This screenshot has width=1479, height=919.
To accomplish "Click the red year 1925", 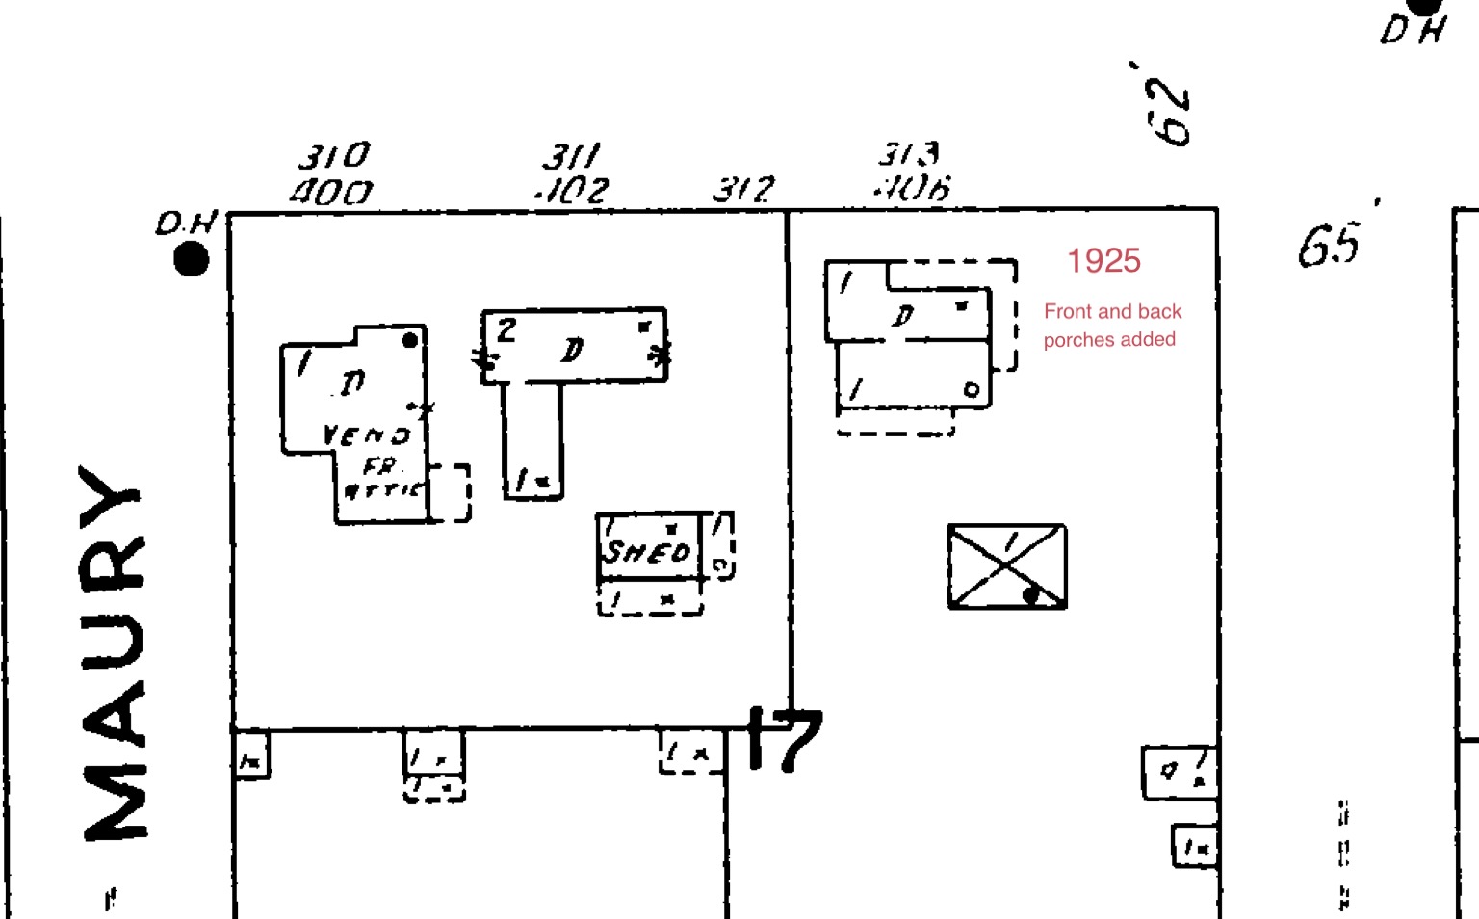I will (x=1103, y=261).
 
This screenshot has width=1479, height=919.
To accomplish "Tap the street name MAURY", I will (x=115, y=652).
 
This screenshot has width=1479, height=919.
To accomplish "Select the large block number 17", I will (x=786, y=740).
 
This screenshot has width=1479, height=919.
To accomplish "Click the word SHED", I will (x=647, y=551).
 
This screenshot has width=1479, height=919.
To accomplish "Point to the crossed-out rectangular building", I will (x=1006, y=566).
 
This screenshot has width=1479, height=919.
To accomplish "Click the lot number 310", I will (x=334, y=156).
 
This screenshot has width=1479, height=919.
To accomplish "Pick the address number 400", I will (x=331, y=193).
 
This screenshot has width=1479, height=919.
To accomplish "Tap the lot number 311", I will (x=571, y=156).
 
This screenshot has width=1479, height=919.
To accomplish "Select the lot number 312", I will (x=743, y=189).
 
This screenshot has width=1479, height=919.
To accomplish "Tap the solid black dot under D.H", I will (x=192, y=259).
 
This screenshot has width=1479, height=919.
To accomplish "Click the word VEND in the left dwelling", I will (x=366, y=435).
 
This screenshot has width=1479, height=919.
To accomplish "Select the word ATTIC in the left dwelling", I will (x=382, y=490).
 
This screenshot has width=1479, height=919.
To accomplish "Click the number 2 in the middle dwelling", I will (x=506, y=331).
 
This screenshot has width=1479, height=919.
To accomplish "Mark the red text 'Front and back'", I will (x=1112, y=312).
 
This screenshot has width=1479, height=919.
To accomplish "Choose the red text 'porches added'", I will (x=1109, y=340).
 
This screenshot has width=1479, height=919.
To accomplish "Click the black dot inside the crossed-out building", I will (x=1031, y=595).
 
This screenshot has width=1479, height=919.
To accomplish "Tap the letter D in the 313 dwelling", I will (x=903, y=315).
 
